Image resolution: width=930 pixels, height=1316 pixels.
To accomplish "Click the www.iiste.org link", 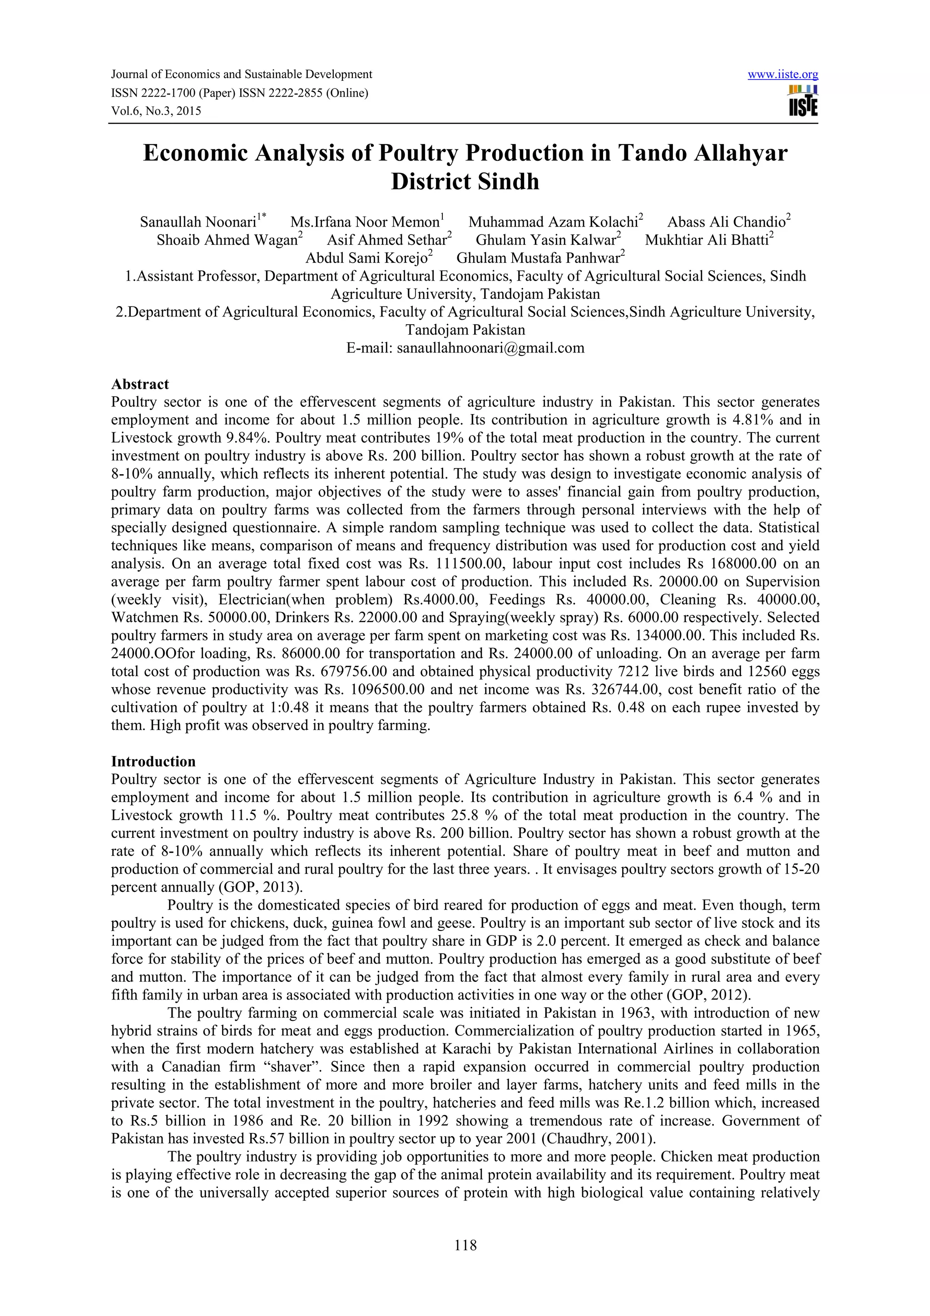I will [783, 74].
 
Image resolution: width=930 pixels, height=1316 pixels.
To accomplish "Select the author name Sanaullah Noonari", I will [198, 222].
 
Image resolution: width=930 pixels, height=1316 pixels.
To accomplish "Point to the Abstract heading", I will [140, 384].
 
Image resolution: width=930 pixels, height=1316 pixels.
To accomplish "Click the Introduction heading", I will [153, 761].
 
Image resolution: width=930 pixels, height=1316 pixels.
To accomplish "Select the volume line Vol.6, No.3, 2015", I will [156, 111].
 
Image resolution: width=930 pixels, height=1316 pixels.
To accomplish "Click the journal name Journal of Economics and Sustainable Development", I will [241, 74].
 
